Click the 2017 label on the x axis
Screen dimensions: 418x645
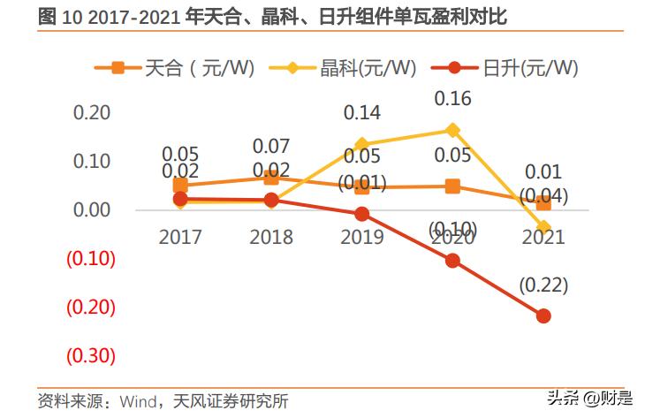click(180, 237)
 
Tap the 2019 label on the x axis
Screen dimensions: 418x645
click(362, 237)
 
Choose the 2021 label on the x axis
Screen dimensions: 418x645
click(543, 237)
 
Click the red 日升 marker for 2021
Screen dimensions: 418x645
click(543, 315)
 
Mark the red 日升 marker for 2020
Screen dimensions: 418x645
click(452, 260)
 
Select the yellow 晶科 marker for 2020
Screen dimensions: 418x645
click(452, 130)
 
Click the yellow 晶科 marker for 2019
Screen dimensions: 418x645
click(361, 144)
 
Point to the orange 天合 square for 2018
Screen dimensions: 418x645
click(271, 178)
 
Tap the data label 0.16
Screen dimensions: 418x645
click(452, 99)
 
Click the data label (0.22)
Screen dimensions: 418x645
click(543, 285)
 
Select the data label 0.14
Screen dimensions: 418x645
click(361, 113)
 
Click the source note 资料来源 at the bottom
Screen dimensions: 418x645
click(163, 400)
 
